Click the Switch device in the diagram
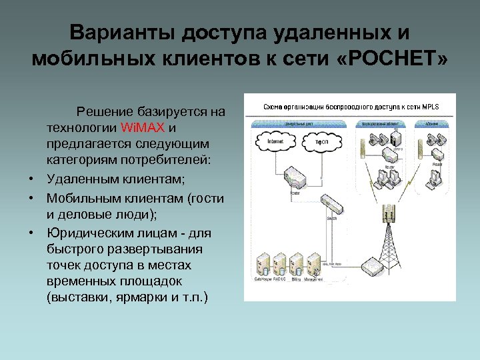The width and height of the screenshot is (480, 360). [331, 203]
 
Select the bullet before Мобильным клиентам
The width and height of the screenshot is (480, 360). [31, 198]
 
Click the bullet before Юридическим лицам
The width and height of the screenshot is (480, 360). [31, 233]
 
